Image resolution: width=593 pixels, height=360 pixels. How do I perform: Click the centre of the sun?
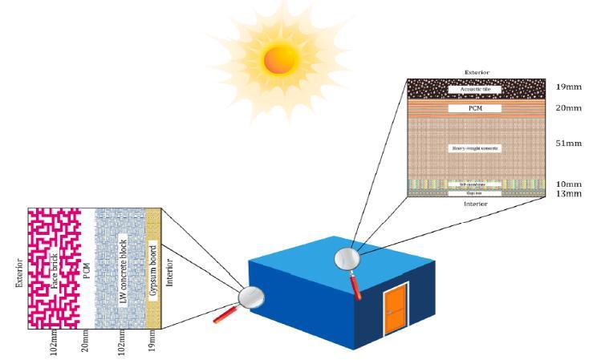click(x=278, y=57)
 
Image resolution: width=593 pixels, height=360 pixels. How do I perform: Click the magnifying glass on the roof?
click(x=348, y=258)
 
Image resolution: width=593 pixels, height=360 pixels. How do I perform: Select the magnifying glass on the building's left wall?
click(x=251, y=298)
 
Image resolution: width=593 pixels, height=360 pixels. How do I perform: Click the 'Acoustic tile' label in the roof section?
click(x=474, y=88)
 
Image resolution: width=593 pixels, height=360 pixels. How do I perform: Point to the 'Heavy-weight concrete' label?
click(x=476, y=148)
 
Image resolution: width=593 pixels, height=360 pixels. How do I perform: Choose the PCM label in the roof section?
click(x=475, y=107)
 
